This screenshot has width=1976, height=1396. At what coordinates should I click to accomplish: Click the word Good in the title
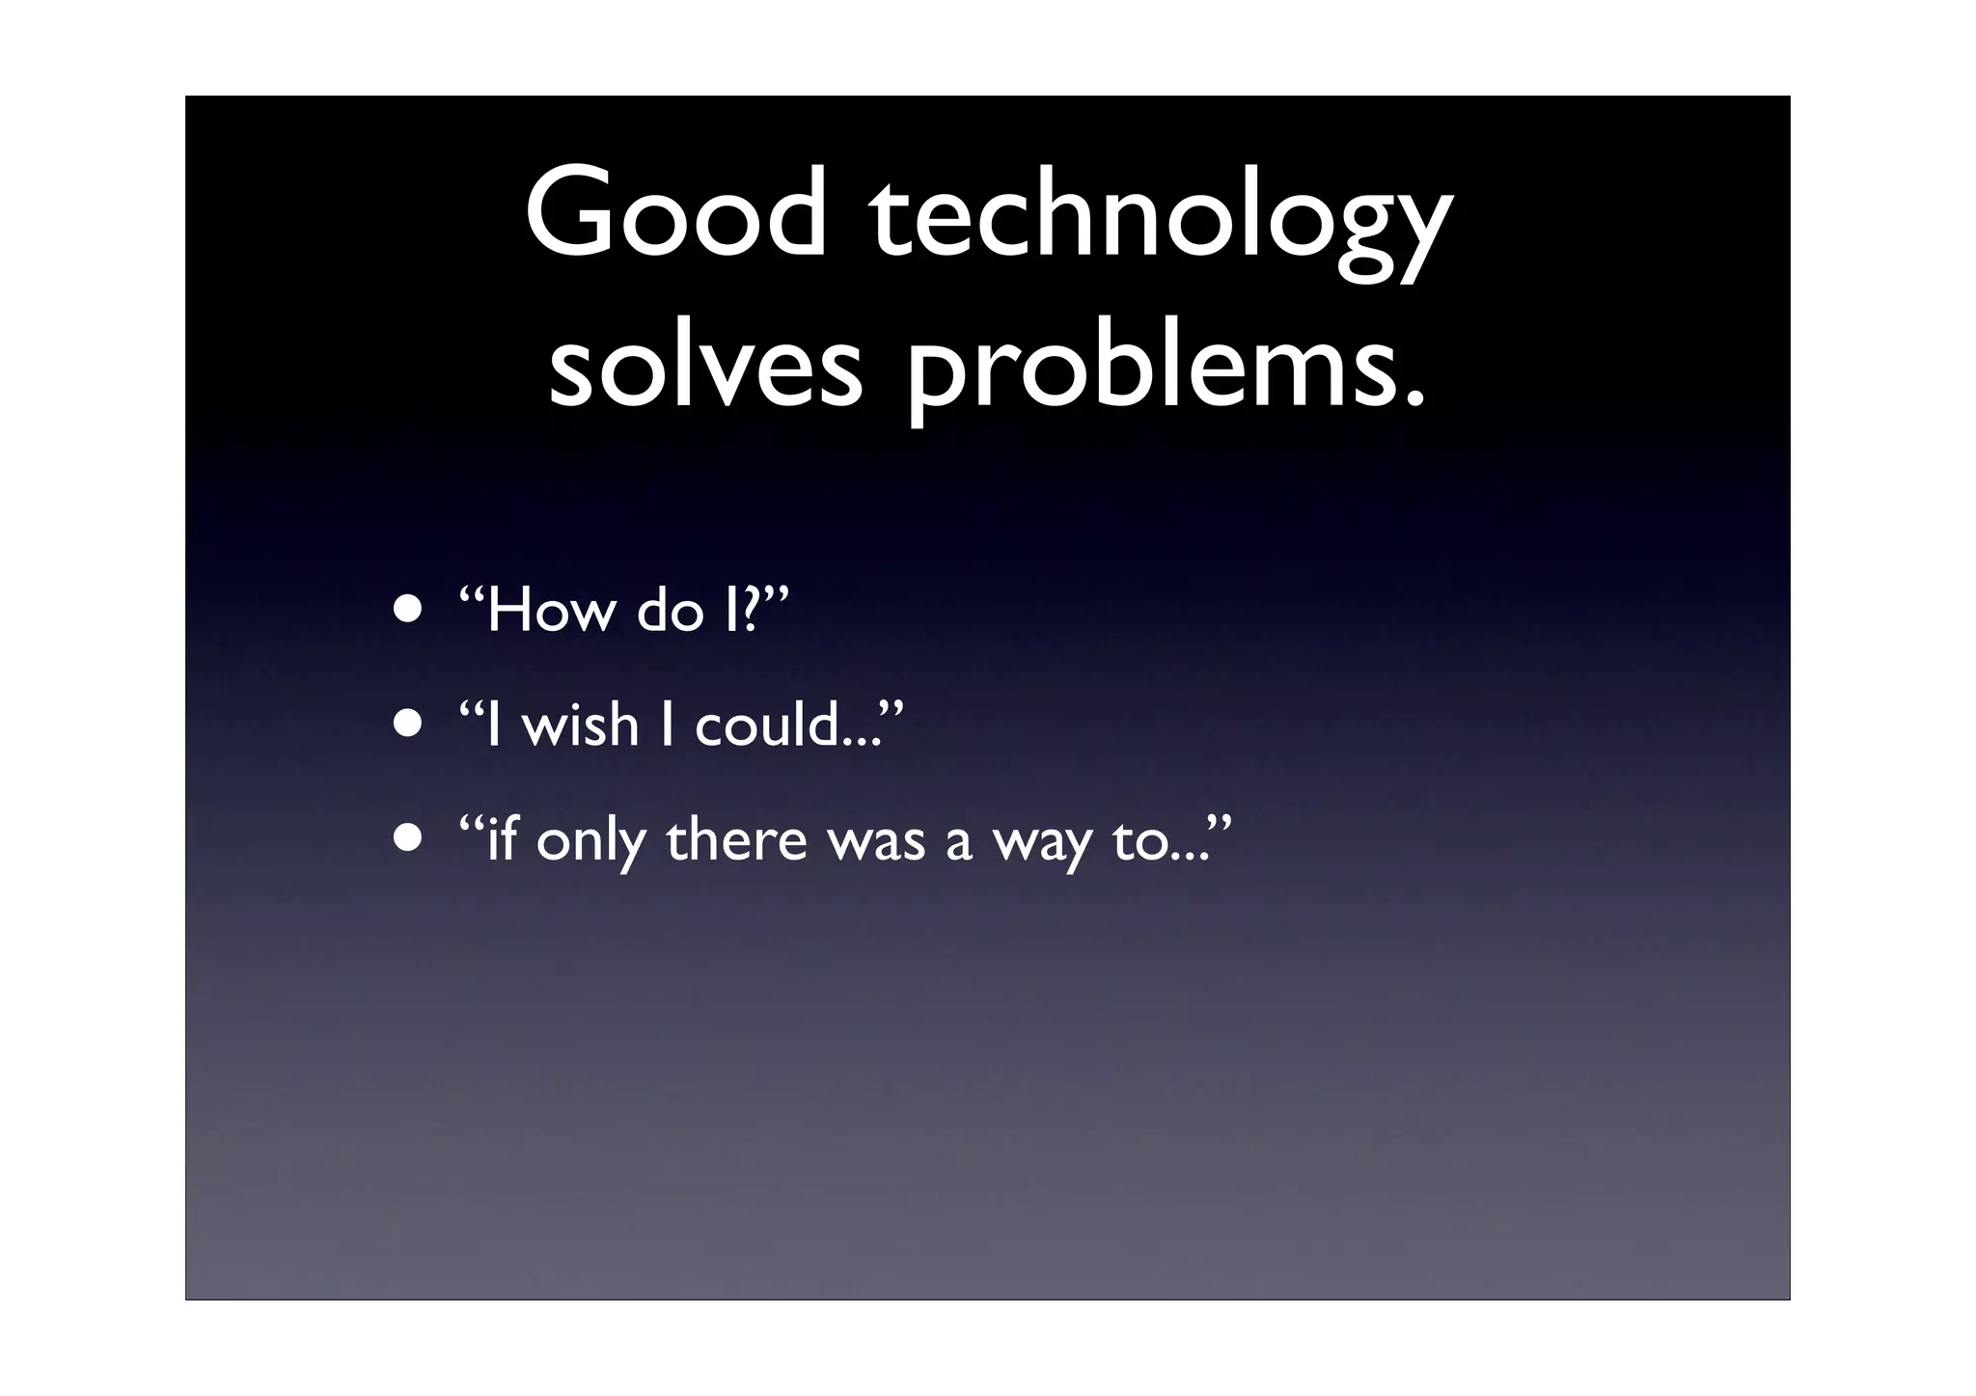click(x=675, y=214)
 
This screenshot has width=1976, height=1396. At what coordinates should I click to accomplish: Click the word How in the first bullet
click(x=551, y=612)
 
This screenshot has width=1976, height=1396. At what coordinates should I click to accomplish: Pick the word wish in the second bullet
click(x=580, y=725)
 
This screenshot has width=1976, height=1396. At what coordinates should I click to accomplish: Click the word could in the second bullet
click(x=767, y=725)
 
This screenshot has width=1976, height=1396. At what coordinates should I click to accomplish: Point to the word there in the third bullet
click(x=736, y=839)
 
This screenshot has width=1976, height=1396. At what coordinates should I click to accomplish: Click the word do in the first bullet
click(x=671, y=612)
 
